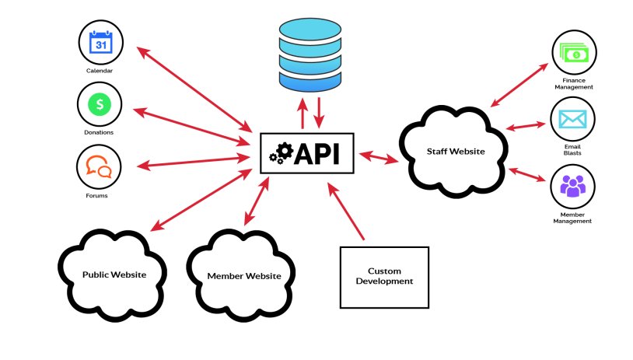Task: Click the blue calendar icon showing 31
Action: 100,42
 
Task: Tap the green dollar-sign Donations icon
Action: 100,103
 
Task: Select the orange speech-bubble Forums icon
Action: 99,166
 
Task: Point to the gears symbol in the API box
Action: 278,152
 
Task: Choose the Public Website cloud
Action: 114,274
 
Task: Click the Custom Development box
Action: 384,276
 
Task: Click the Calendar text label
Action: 100,71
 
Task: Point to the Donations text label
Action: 100,132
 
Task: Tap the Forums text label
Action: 97,195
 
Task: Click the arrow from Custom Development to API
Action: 346,211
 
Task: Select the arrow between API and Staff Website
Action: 379,157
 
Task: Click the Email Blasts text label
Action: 573,149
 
